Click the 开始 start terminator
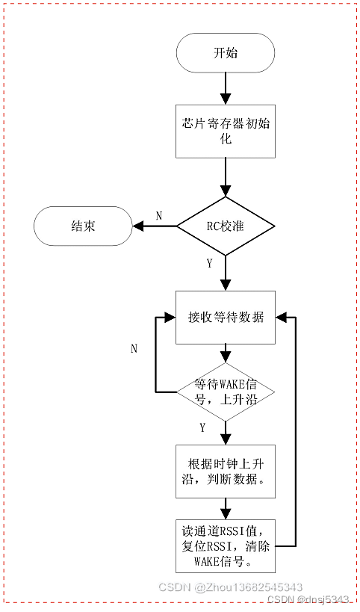pyautogui.click(x=226, y=54)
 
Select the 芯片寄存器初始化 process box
pyautogui.click(x=226, y=132)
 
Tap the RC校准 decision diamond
pyautogui.click(x=226, y=225)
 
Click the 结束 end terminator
pyautogui.click(x=82, y=226)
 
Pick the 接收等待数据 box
pyautogui.click(x=226, y=317)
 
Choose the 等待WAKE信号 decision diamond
pyautogui.click(x=226, y=392)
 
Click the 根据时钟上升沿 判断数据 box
pyautogui.click(x=226, y=471)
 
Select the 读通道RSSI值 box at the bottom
pyautogui.click(x=226, y=545)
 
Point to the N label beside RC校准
pyautogui.click(x=158, y=215)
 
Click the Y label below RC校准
pyautogui.click(x=209, y=263)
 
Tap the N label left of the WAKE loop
pyautogui.click(x=134, y=348)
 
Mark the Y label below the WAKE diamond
pyautogui.click(x=202, y=427)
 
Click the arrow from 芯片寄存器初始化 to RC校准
pyautogui.click(x=226, y=177)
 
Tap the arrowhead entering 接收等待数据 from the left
pyautogui.click(x=170, y=318)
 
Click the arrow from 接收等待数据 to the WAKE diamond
pyautogui.click(x=226, y=353)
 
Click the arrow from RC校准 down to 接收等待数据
pyautogui.click(x=226, y=273)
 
